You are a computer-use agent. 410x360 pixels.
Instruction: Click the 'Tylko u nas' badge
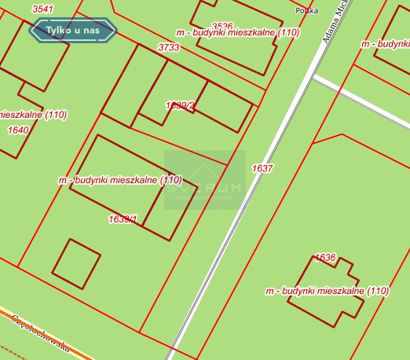[x=72, y=31]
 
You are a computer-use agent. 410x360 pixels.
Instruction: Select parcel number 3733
[x=169, y=47]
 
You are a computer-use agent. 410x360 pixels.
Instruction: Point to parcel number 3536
[x=222, y=26]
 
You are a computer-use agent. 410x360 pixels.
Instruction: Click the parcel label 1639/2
[x=180, y=105]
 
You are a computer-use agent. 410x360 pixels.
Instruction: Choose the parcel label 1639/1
[x=123, y=219]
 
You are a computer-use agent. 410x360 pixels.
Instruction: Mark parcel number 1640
[x=17, y=130]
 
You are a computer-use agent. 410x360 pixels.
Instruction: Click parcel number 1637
[x=262, y=168]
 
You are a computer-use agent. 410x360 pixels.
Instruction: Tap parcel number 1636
[x=324, y=257]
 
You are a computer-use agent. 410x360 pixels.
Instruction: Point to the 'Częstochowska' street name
[x=39, y=334]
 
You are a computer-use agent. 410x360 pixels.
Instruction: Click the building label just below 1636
[x=327, y=291]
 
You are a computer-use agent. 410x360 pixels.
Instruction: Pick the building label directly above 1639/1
[x=119, y=180]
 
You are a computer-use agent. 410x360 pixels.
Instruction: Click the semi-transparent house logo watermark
[x=204, y=180]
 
